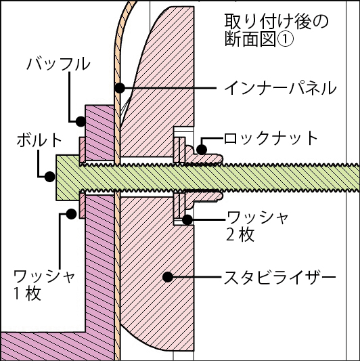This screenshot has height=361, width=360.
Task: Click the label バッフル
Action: (x=58, y=64)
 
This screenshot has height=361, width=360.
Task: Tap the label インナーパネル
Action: (x=280, y=88)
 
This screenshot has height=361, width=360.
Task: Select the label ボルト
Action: (x=39, y=140)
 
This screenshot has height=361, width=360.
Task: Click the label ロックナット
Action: (x=271, y=138)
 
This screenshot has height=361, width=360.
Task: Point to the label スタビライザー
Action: (x=280, y=277)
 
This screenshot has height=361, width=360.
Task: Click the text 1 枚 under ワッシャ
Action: (x=27, y=293)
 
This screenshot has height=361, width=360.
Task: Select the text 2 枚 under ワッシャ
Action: (x=240, y=234)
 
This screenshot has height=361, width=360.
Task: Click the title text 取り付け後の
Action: (x=276, y=22)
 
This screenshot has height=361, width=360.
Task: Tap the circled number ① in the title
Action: (x=286, y=39)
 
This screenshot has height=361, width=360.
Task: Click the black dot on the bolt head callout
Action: (x=49, y=177)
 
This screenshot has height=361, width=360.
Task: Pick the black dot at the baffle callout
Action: (x=81, y=121)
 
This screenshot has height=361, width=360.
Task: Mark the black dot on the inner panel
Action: (x=120, y=88)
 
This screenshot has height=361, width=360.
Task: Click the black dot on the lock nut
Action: (x=202, y=150)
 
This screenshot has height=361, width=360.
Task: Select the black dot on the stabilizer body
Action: (x=168, y=277)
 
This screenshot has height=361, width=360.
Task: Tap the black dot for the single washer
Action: (x=71, y=214)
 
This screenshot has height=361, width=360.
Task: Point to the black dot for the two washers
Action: (x=187, y=219)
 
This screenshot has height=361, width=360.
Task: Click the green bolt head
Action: (x=68, y=177)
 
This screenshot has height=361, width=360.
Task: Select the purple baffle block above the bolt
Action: (x=100, y=133)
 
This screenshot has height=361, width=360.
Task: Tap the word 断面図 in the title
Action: (x=250, y=39)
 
